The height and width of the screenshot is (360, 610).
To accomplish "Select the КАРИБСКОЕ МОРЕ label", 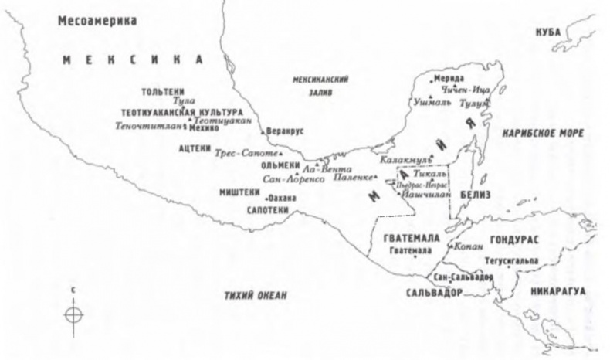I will click(543, 134).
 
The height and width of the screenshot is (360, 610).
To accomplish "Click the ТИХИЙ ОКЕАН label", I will click(256, 295).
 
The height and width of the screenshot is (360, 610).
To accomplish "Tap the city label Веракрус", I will click(283, 131).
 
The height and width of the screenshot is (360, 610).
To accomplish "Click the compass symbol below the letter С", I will click(73, 315).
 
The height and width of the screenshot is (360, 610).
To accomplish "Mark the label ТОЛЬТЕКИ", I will click(161, 90).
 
